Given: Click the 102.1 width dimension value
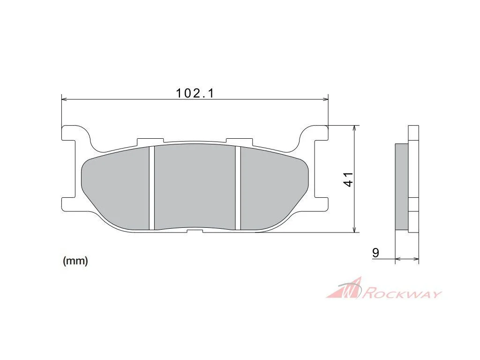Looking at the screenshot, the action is (x=195, y=93).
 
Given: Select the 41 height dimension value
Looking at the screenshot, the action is (x=348, y=180).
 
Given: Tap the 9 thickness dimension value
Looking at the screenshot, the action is (x=375, y=253).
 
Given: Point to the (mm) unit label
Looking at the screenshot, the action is (x=75, y=261).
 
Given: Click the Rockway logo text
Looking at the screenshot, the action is (x=402, y=293).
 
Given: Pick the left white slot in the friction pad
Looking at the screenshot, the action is (x=152, y=187).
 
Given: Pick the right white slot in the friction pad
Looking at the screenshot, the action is (x=238, y=188).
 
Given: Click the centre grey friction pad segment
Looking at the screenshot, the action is (x=195, y=187).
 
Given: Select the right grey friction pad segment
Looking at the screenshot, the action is (x=272, y=190).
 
